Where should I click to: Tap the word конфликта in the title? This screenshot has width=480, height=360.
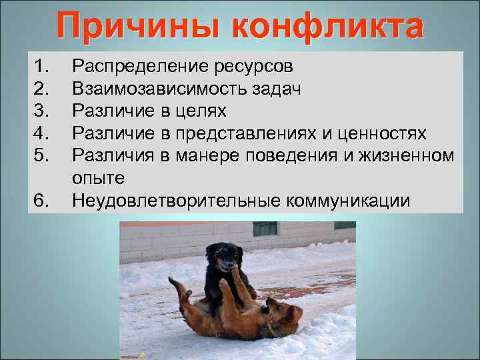click(327, 27)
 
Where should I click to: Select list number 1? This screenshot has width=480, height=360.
click(41, 66)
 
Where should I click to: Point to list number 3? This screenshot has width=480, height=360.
click(41, 110)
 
